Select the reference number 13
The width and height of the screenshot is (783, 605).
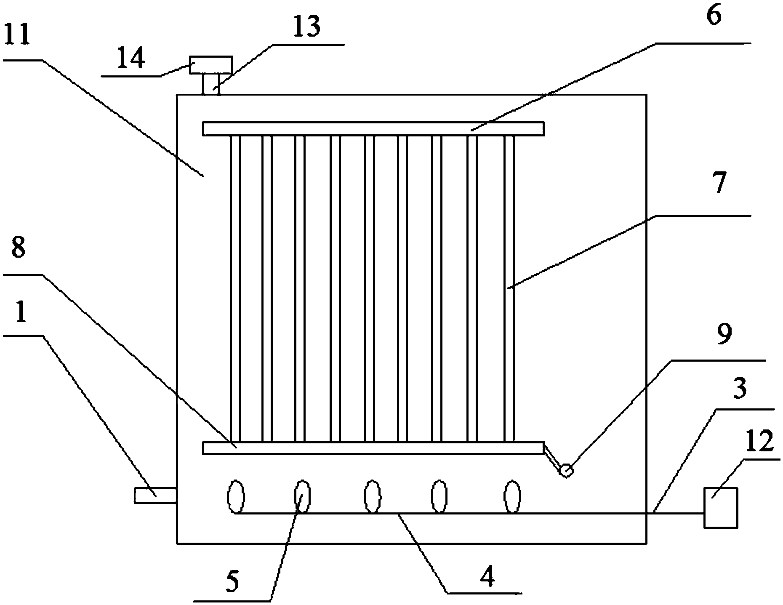307,27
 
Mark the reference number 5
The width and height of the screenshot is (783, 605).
232,582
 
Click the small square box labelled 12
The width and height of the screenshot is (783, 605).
721,507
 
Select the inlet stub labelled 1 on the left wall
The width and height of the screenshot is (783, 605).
155,495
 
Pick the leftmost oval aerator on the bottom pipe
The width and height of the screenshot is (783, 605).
236,496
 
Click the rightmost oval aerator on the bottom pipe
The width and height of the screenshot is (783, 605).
512,497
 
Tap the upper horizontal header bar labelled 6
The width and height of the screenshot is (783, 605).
373,129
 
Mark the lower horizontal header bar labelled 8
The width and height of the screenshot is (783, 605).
373,448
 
